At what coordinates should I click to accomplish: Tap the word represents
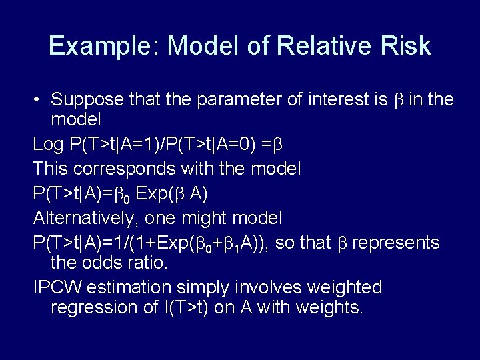point(395,242)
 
